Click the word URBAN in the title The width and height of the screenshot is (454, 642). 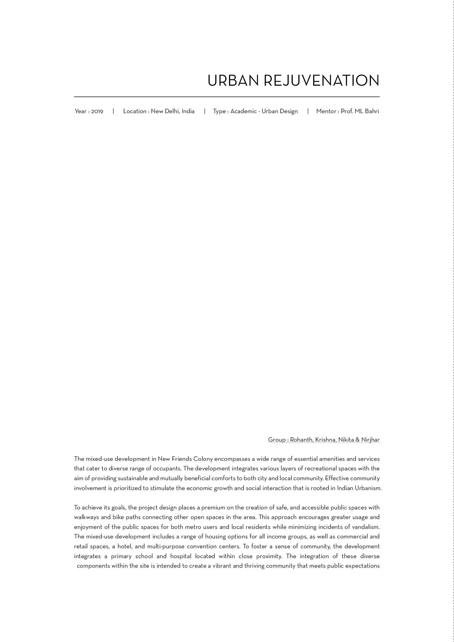(233, 81)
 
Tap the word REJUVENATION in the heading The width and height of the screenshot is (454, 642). (321, 81)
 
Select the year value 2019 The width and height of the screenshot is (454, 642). (97, 111)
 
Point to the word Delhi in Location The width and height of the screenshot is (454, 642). (172, 111)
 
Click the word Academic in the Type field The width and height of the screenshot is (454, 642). (244, 111)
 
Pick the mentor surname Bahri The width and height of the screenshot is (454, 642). (372, 111)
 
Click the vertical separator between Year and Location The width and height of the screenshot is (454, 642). (113, 111)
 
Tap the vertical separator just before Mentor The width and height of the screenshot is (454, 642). (308, 111)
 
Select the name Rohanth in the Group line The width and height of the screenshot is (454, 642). (301, 440)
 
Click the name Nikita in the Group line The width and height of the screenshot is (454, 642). (346, 440)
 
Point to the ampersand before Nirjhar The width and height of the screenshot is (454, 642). (357, 440)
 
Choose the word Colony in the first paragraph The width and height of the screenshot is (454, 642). (203, 459)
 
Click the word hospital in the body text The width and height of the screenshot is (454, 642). (181, 556)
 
